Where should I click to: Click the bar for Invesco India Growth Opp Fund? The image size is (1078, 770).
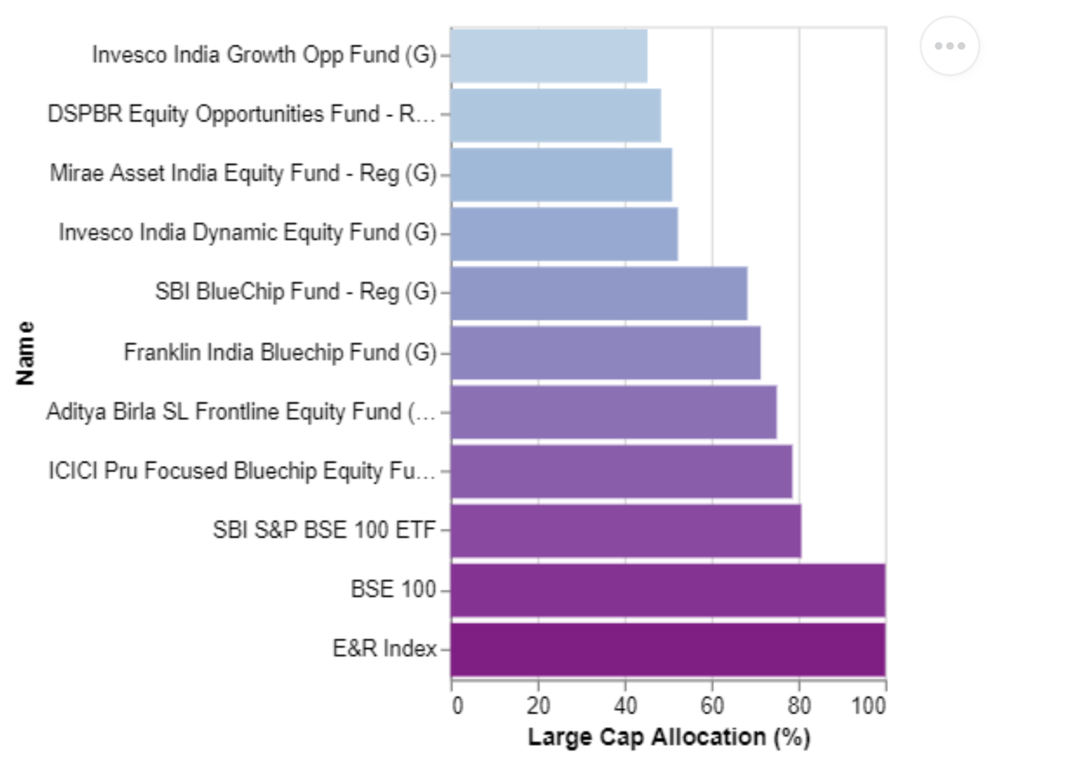click(549, 55)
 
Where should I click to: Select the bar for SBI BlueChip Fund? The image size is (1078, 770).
click(599, 293)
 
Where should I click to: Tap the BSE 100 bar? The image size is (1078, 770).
click(668, 590)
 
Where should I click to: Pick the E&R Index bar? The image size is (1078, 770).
click(668, 649)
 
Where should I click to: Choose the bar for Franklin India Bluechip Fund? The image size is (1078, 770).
click(606, 353)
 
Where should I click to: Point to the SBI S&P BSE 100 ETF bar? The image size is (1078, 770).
click(626, 531)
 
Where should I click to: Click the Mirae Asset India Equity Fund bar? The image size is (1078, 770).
click(561, 175)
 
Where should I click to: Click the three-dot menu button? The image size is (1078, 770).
click(950, 46)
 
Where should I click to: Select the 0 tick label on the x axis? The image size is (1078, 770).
click(457, 705)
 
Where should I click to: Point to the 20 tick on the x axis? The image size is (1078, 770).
click(539, 705)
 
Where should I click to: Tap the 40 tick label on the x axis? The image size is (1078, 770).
click(626, 705)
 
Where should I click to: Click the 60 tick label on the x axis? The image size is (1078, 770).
click(713, 705)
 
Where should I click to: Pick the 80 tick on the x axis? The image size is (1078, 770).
click(799, 705)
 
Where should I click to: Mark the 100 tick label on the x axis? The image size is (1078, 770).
click(869, 705)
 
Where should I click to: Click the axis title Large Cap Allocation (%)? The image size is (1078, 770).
click(669, 737)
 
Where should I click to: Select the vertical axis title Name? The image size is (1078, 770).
click(25, 353)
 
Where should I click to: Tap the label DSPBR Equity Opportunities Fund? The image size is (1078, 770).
click(242, 114)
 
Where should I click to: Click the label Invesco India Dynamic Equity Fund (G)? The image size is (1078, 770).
click(248, 233)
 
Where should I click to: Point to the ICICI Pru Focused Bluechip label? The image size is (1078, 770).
click(242, 470)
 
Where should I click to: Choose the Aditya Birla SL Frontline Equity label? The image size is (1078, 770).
click(241, 412)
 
